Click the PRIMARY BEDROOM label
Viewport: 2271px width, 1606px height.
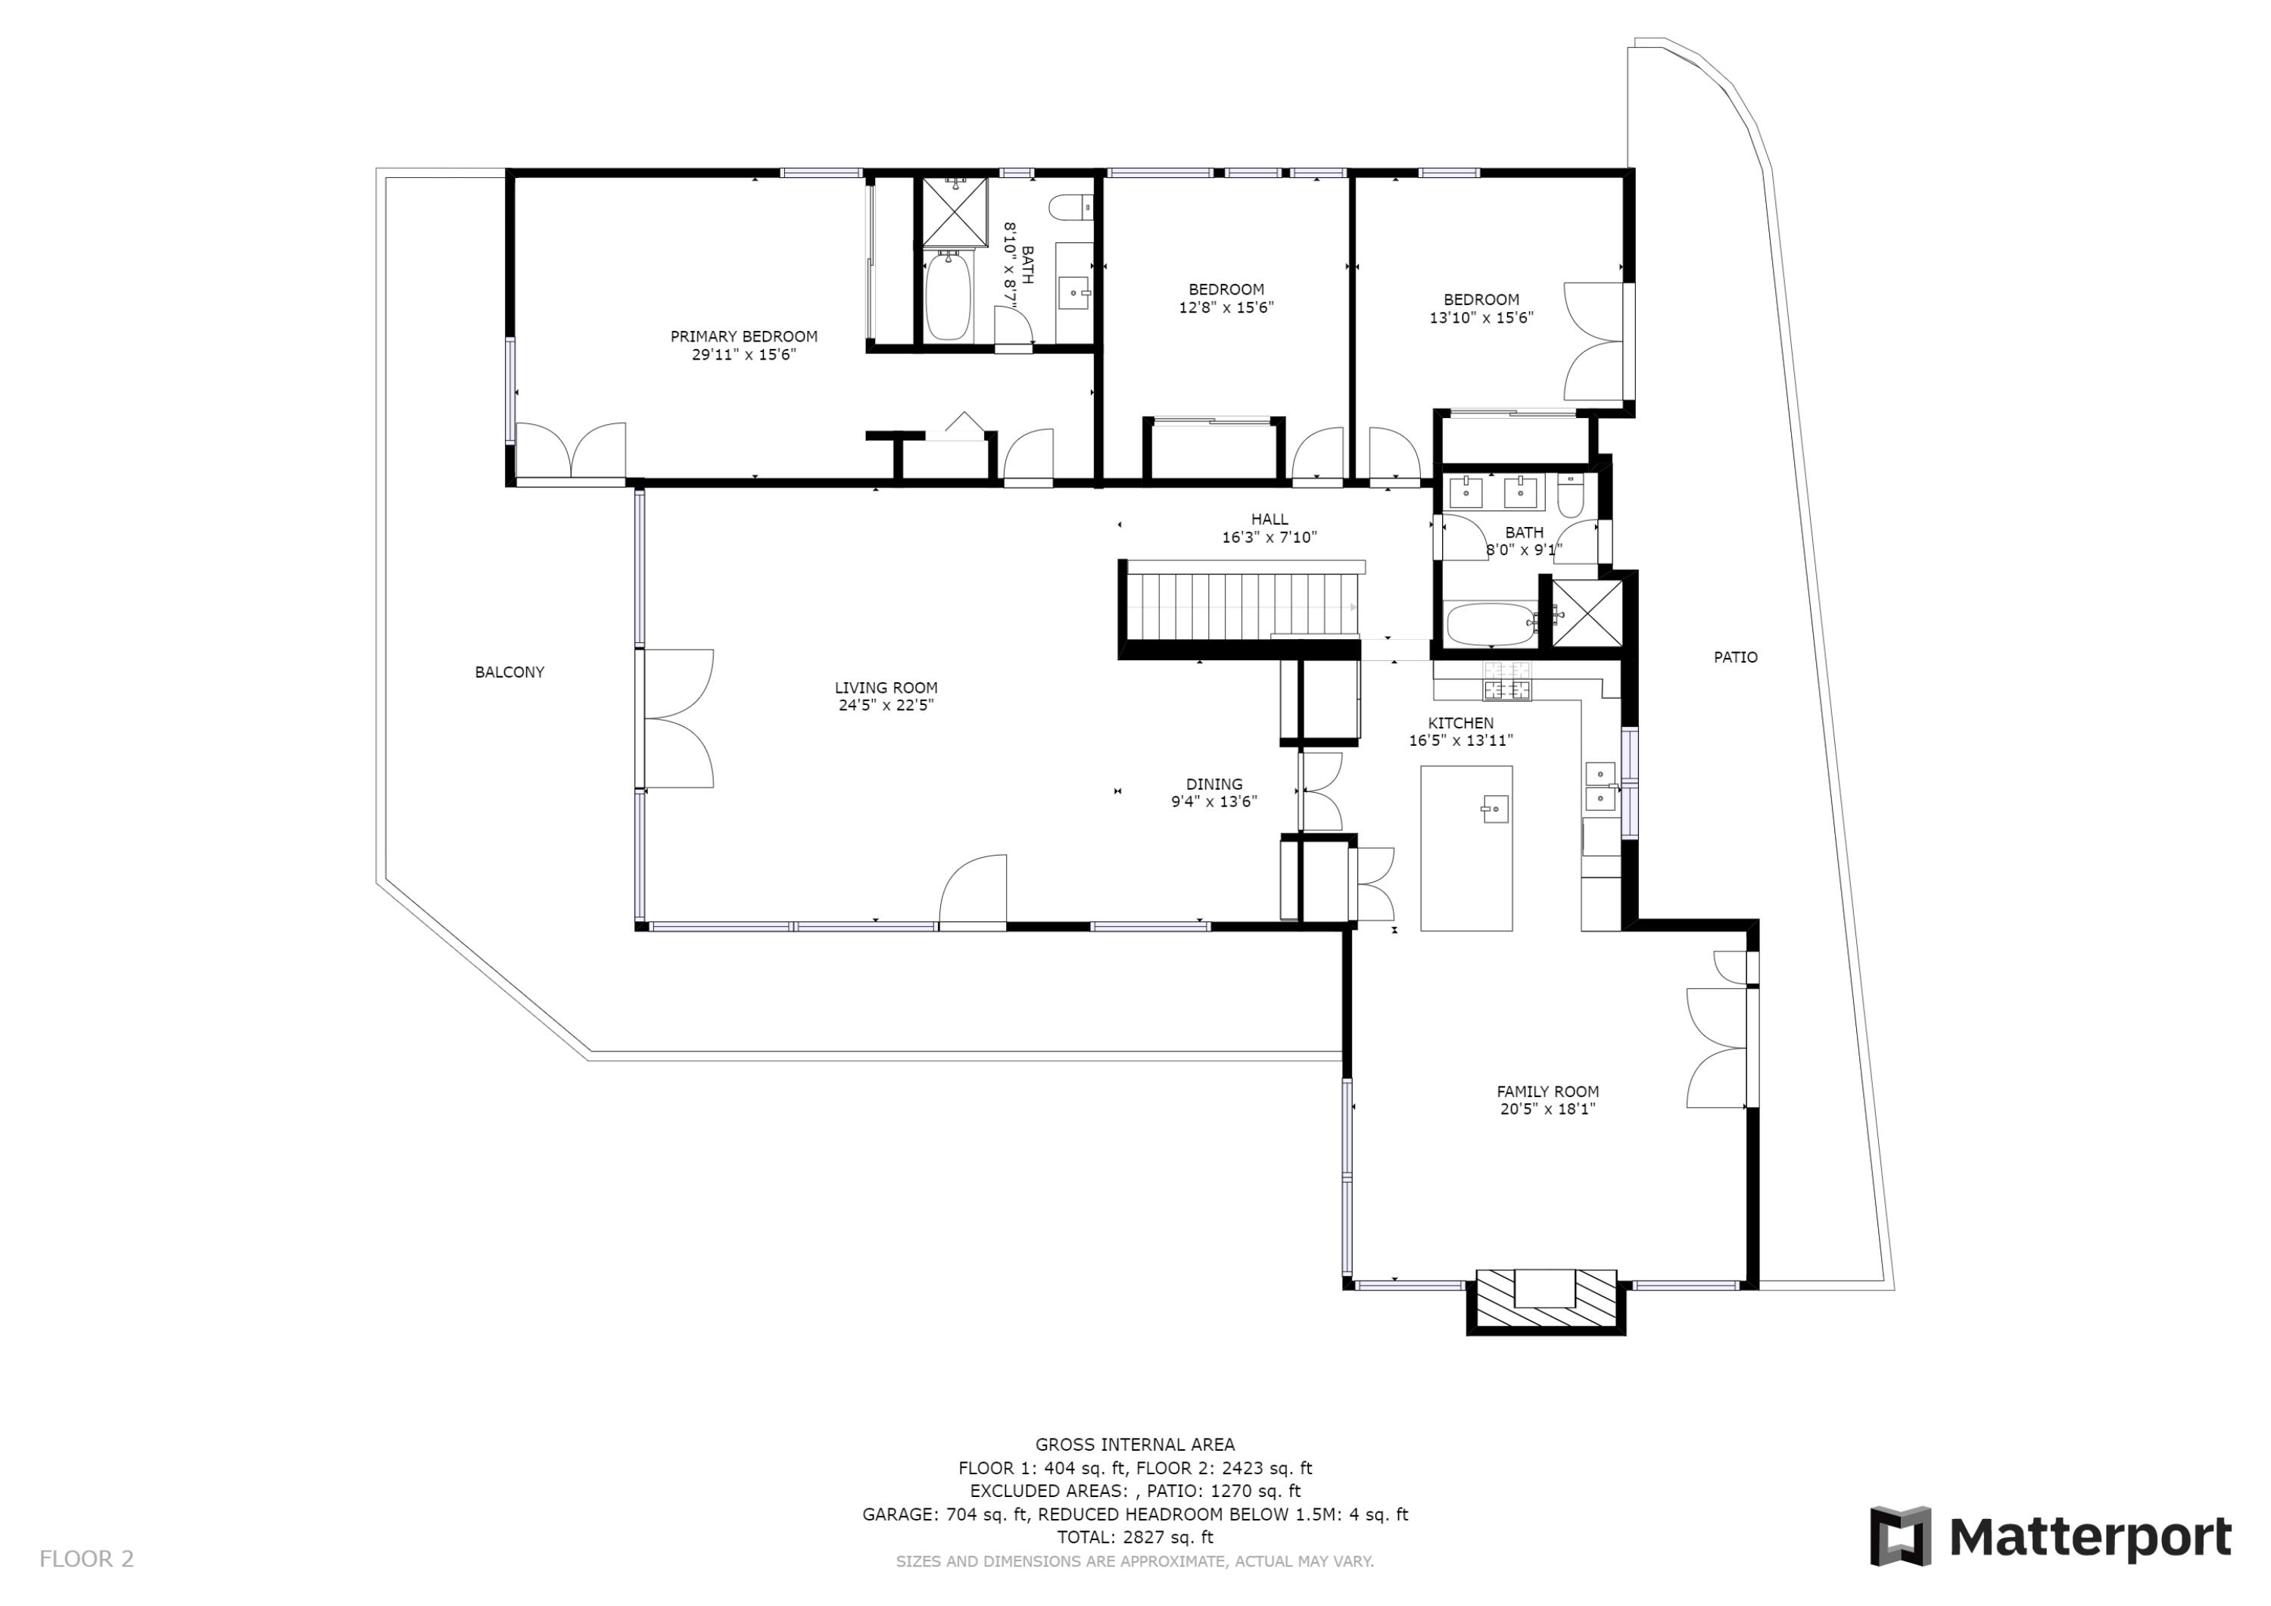pyautogui.click(x=744, y=336)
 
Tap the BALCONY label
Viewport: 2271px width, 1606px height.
pyautogui.click(x=509, y=672)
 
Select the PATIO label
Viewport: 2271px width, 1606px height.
pyautogui.click(x=1736, y=657)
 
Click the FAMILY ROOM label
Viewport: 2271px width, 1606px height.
pyautogui.click(x=1548, y=1091)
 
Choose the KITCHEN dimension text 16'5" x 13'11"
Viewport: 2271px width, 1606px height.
pyautogui.click(x=1461, y=741)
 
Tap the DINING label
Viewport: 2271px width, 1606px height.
pyautogui.click(x=1215, y=784)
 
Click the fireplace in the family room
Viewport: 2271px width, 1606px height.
pyautogui.click(x=1545, y=1300)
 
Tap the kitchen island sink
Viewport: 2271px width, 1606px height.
pyautogui.click(x=1494, y=809)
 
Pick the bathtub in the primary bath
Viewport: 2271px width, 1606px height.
pyautogui.click(x=948, y=296)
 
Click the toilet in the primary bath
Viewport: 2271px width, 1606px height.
pyautogui.click(x=1071, y=207)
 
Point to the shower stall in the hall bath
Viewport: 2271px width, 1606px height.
pyautogui.click(x=1587, y=613)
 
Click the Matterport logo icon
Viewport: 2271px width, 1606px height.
pyautogui.click(x=1900, y=1536)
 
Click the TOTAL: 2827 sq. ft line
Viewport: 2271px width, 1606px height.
pyautogui.click(x=1135, y=1537)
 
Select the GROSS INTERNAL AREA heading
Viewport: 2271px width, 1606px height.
pyautogui.click(x=1135, y=1445)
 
